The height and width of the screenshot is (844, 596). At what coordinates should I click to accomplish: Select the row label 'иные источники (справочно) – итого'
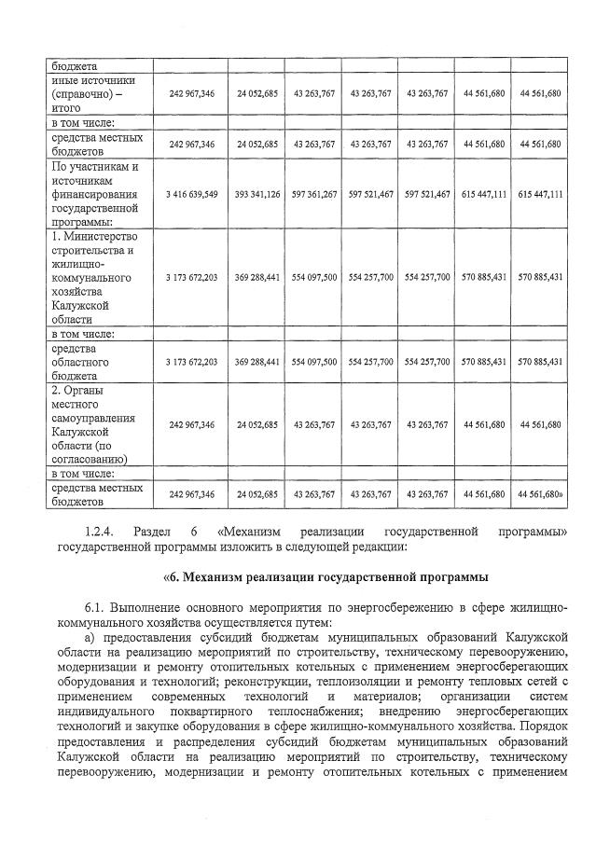pos(87,93)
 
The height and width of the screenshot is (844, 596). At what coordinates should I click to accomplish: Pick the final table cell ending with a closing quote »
pos(540,493)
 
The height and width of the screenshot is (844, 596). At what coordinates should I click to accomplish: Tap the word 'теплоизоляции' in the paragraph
pos(402,682)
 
